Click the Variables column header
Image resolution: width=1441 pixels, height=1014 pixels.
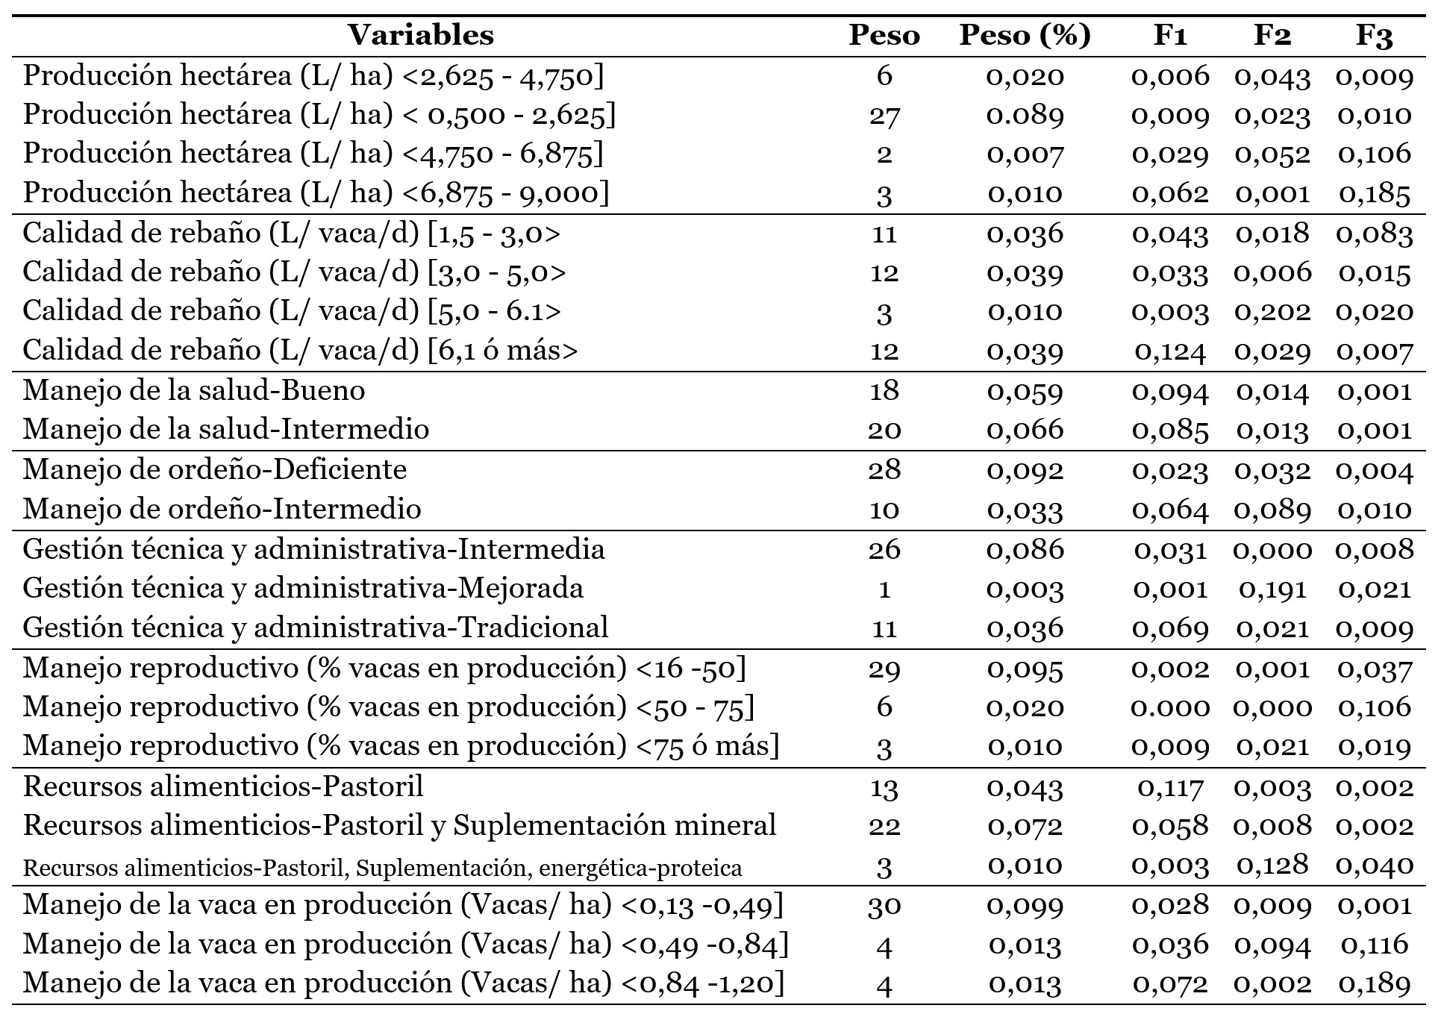(x=421, y=35)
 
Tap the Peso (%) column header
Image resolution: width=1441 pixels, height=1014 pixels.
(x=1025, y=36)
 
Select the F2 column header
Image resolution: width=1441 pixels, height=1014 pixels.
(x=1272, y=36)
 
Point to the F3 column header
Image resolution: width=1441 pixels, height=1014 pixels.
(x=1375, y=36)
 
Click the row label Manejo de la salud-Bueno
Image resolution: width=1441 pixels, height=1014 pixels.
(x=194, y=390)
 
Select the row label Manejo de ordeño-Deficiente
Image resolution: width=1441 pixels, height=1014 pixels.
(x=215, y=469)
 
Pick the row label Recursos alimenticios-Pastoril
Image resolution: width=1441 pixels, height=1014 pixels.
(x=223, y=786)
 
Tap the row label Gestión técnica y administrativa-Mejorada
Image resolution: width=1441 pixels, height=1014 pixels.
(x=303, y=588)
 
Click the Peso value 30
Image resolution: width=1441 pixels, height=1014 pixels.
(x=884, y=905)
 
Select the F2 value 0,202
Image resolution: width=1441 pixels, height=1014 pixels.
(x=1272, y=311)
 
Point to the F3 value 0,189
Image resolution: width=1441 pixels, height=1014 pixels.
(x=1375, y=984)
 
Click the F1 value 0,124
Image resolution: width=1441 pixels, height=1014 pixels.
(x=1170, y=351)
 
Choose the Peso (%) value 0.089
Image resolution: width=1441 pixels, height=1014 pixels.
(x=1025, y=114)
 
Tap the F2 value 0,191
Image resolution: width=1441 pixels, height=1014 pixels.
(x=1272, y=589)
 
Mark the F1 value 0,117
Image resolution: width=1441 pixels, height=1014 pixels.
(x=1170, y=786)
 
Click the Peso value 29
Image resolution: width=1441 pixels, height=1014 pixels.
(x=884, y=669)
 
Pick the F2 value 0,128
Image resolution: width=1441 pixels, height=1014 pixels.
(x=1272, y=866)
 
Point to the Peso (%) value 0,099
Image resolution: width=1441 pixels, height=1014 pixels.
(x=1025, y=905)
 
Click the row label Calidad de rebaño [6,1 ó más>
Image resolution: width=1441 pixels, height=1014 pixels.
(x=300, y=351)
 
